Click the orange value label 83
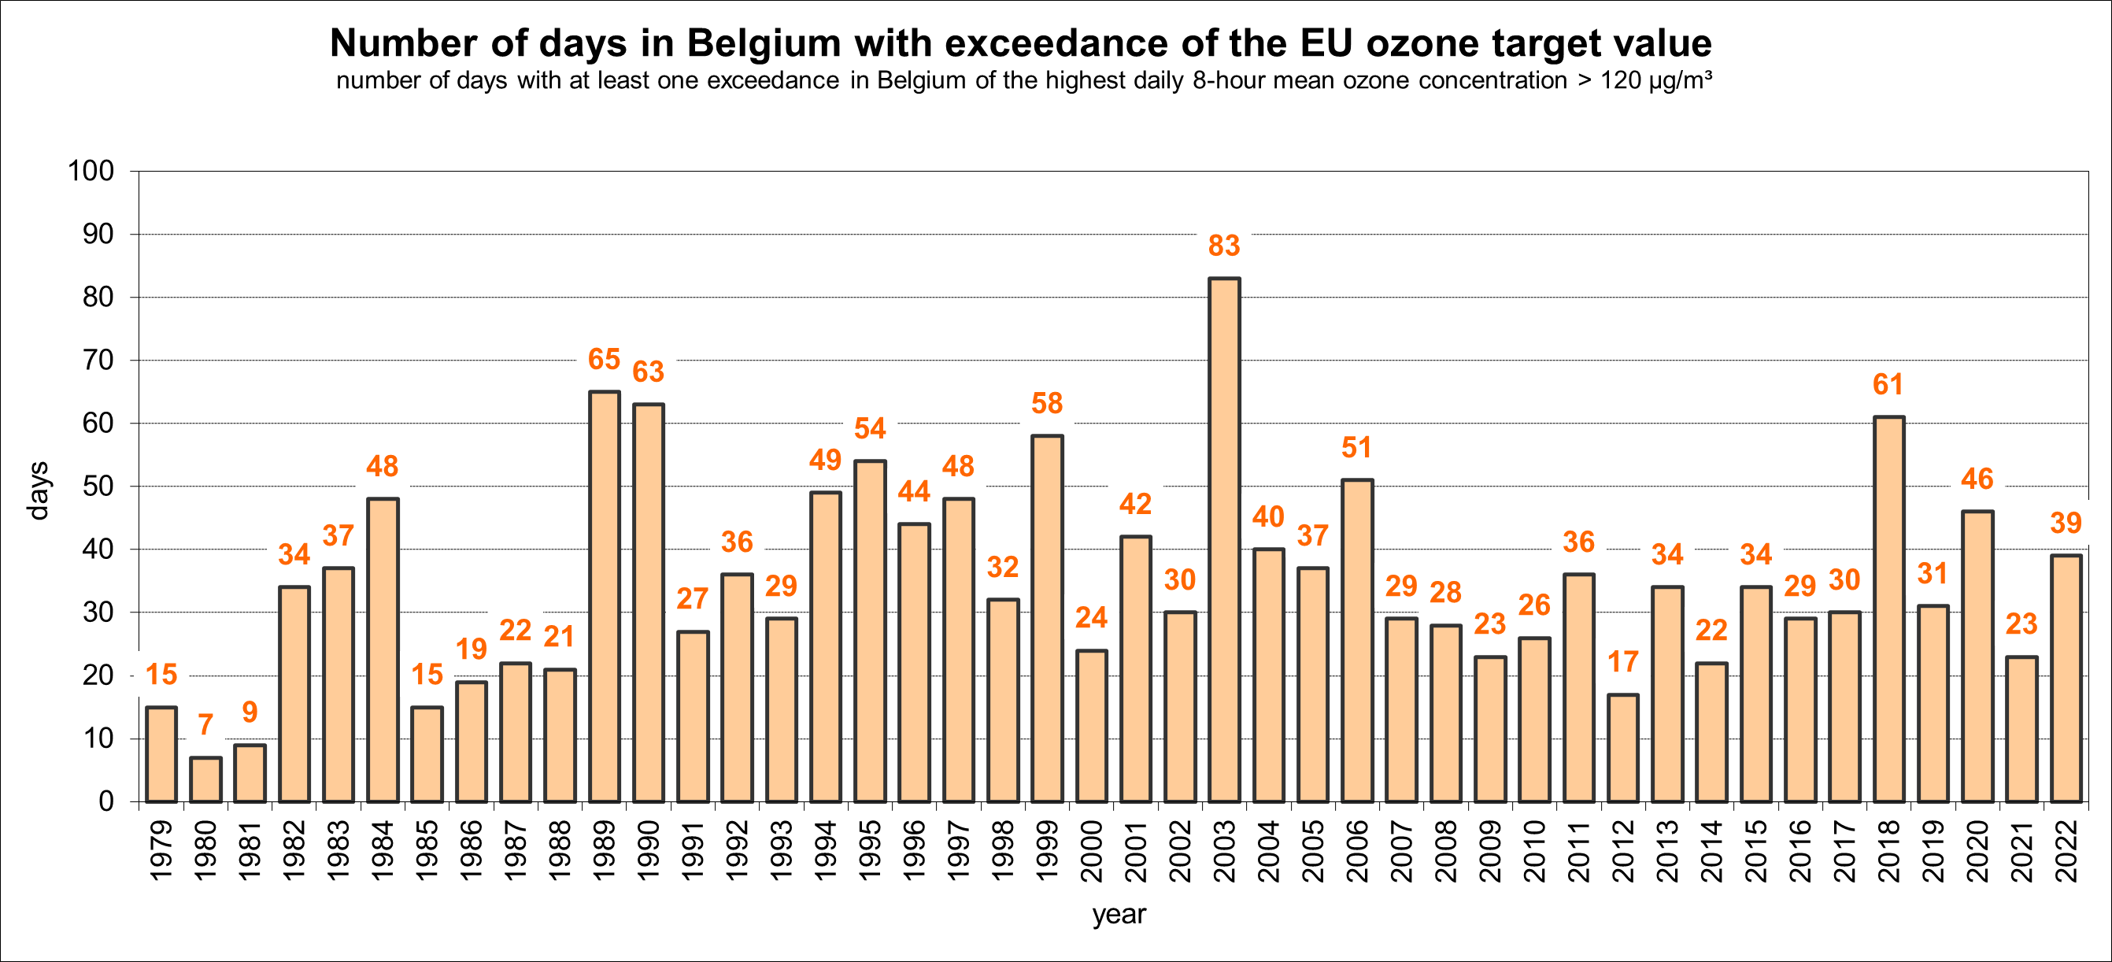click(x=1224, y=245)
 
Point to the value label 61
click(x=1888, y=384)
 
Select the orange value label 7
click(x=205, y=724)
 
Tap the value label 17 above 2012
click(x=1622, y=662)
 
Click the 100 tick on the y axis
click(x=91, y=172)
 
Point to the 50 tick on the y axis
click(x=98, y=487)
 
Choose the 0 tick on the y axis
click(x=105, y=801)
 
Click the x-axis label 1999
click(x=1047, y=850)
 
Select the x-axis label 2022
click(x=2066, y=850)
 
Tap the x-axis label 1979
click(x=161, y=850)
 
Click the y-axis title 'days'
click(x=39, y=490)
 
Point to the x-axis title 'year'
click(x=1119, y=914)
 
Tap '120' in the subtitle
click(x=1620, y=80)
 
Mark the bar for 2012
click(x=1623, y=748)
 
